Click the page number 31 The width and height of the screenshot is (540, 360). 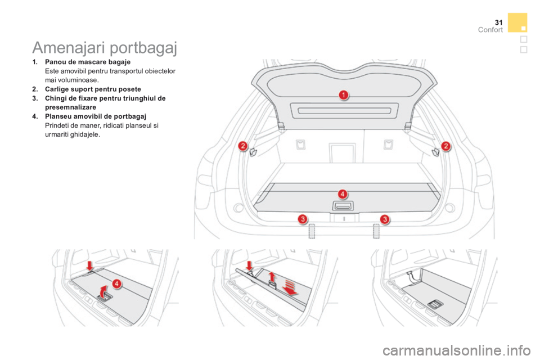pyautogui.click(x=498, y=22)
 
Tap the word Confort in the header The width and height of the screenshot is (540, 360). pyautogui.click(x=490, y=30)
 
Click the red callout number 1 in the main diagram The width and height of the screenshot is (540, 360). pyautogui.click(x=343, y=94)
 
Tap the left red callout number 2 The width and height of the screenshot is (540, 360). pyautogui.click(x=243, y=146)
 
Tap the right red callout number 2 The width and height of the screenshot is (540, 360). pyautogui.click(x=445, y=146)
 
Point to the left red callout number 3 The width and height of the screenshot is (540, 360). pyautogui.click(x=303, y=219)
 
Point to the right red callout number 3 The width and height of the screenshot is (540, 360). pyautogui.click(x=385, y=219)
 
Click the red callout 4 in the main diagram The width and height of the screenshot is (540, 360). pyautogui.click(x=343, y=194)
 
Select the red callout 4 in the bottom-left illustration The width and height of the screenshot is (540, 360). pyautogui.click(x=117, y=283)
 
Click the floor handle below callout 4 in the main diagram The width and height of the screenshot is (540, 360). pyautogui.click(x=343, y=206)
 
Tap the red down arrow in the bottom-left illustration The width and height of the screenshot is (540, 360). pyautogui.click(x=90, y=265)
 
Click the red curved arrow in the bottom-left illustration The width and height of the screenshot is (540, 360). pyautogui.click(x=102, y=291)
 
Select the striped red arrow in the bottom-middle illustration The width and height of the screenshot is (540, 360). pyautogui.click(x=290, y=287)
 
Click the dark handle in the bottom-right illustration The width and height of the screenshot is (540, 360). pyautogui.click(x=435, y=304)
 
